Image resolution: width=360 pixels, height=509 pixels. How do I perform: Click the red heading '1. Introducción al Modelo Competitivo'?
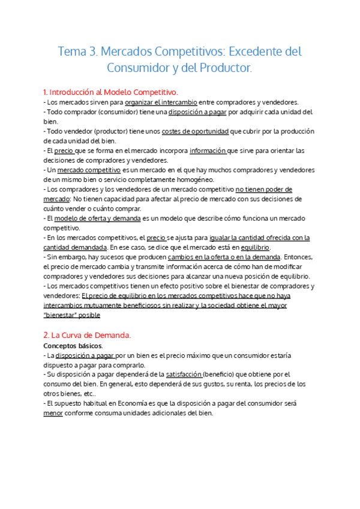coord(111,92)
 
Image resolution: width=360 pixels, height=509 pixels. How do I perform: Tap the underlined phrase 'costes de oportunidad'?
coord(196,131)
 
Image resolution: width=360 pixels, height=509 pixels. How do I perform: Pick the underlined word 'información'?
coord(208,151)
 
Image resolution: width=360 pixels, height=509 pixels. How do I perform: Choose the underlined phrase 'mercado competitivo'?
coord(92,170)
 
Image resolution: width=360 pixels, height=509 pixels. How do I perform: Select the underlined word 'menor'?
coord(53,414)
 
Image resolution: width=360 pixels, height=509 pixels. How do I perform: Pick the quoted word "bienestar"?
coord(64,315)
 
